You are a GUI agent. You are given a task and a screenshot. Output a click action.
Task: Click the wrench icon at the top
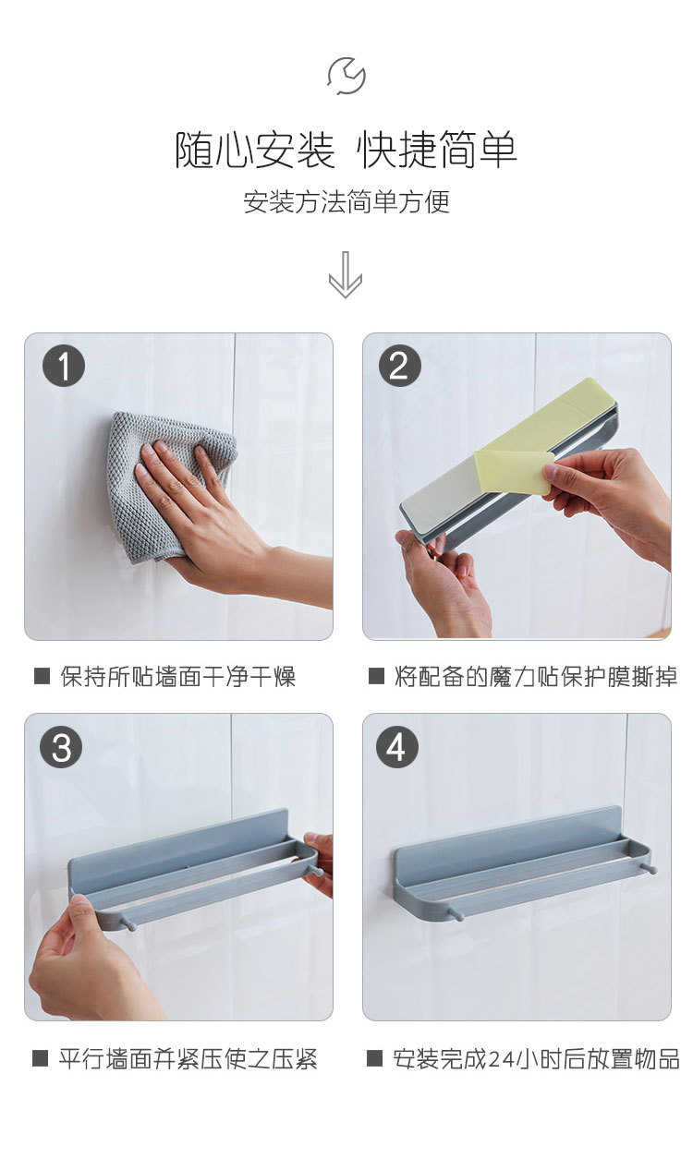(x=346, y=76)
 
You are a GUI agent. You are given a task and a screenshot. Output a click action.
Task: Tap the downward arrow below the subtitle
(x=346, y=275)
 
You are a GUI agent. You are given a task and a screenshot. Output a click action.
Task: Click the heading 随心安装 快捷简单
(x=346, y=150)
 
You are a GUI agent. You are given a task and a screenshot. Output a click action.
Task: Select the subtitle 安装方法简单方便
(x=346, y=201)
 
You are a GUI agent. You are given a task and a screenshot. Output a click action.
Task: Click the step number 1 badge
(x=64, y=367)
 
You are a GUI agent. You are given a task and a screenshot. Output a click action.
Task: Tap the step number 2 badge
(x=400, y=366)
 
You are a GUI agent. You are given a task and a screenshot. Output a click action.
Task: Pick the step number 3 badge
(x=62, y=747)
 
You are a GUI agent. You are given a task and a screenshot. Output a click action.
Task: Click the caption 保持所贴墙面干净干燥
(x=177, y=676)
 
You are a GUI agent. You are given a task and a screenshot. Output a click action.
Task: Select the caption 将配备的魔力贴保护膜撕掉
(x=535, y=676)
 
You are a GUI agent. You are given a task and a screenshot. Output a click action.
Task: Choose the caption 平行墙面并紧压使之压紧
(x=188, y=1059)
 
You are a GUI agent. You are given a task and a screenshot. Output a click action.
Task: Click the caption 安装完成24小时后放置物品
(x=536, y=1058)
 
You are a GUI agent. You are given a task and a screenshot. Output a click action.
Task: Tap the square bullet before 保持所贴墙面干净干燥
(x=42, y=676)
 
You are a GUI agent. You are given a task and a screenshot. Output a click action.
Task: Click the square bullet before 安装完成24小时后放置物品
(x=374, y=1057)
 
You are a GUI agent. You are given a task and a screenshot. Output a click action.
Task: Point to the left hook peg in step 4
(x=457, y=914)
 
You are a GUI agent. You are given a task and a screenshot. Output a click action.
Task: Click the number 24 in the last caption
(x=501, y=1059)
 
